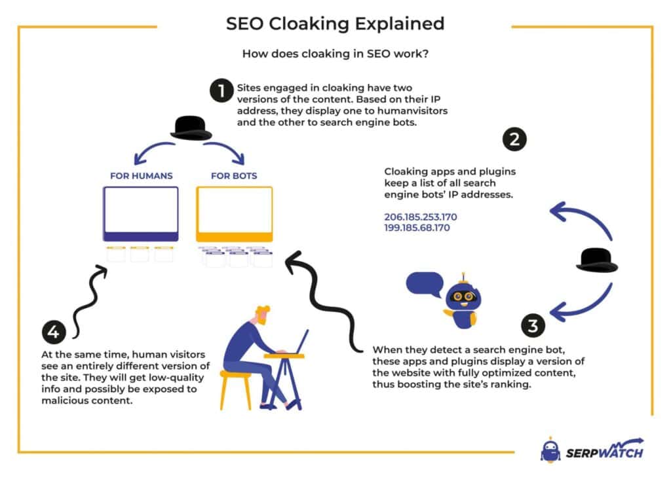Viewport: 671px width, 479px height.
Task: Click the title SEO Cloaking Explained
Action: pos(335,24)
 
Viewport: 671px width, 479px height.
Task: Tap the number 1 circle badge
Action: pos(221,91)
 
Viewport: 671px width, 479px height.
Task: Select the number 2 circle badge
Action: pos(514,139)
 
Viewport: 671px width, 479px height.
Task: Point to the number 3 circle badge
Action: pos(533,325)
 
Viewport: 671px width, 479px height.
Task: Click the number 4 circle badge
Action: pos(53,332)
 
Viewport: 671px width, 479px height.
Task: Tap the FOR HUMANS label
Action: pos(142,175)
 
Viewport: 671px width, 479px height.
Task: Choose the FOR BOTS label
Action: pos(233,175)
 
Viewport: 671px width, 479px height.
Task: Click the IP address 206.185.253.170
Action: pos(420,217)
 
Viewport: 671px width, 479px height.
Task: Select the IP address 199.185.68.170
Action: pos(417,228)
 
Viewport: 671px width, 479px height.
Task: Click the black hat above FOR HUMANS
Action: pos(191,128)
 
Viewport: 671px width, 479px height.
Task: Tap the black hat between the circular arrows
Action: pos(597,260)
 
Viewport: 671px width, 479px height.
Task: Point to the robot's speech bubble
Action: pos(424,284)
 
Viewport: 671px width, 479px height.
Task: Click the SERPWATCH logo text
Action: pos(604,451)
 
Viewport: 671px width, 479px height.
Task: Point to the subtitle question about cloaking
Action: pos(335,54)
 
